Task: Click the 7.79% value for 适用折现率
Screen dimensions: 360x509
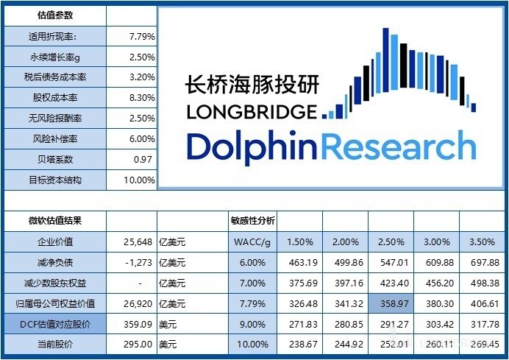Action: click(x=141, y=35)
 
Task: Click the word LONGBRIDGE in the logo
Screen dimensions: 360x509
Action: click(x=251, y=113)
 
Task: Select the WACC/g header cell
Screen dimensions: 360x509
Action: click(x=253, y=241)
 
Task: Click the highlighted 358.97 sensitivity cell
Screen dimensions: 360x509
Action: click(x=391, y=303)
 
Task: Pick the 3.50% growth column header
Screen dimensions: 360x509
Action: click(x=483, y=241)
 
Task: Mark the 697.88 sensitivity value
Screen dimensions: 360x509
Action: click(x=483, y=262)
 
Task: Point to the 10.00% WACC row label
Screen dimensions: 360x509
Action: click(x=253, y=344)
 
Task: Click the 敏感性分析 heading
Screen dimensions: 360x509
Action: click(x=253, y=220)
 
